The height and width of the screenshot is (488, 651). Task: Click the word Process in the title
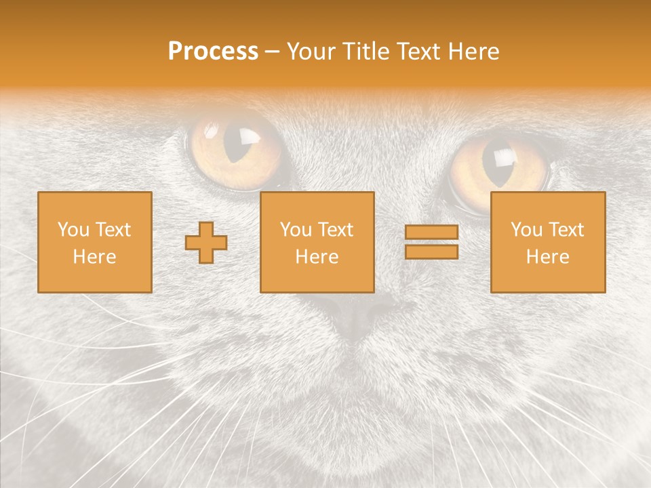tap(213, 52)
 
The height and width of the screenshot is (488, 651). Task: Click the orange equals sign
tap(431, 242)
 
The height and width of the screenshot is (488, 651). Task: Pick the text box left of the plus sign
tap(94, 242)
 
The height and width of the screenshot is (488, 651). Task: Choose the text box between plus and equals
tap(317, 242)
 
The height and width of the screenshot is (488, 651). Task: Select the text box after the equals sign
tap(548, 242)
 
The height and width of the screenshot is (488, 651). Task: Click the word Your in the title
tap(312, 52)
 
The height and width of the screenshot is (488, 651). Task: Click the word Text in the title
tap(418, 52)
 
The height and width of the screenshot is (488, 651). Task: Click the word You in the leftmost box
tap(73, 230)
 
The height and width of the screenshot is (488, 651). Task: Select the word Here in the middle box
tap(317, 257)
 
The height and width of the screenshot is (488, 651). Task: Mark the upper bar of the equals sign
tap(431, 232)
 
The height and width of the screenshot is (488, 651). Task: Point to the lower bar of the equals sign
tap(431, 252)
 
